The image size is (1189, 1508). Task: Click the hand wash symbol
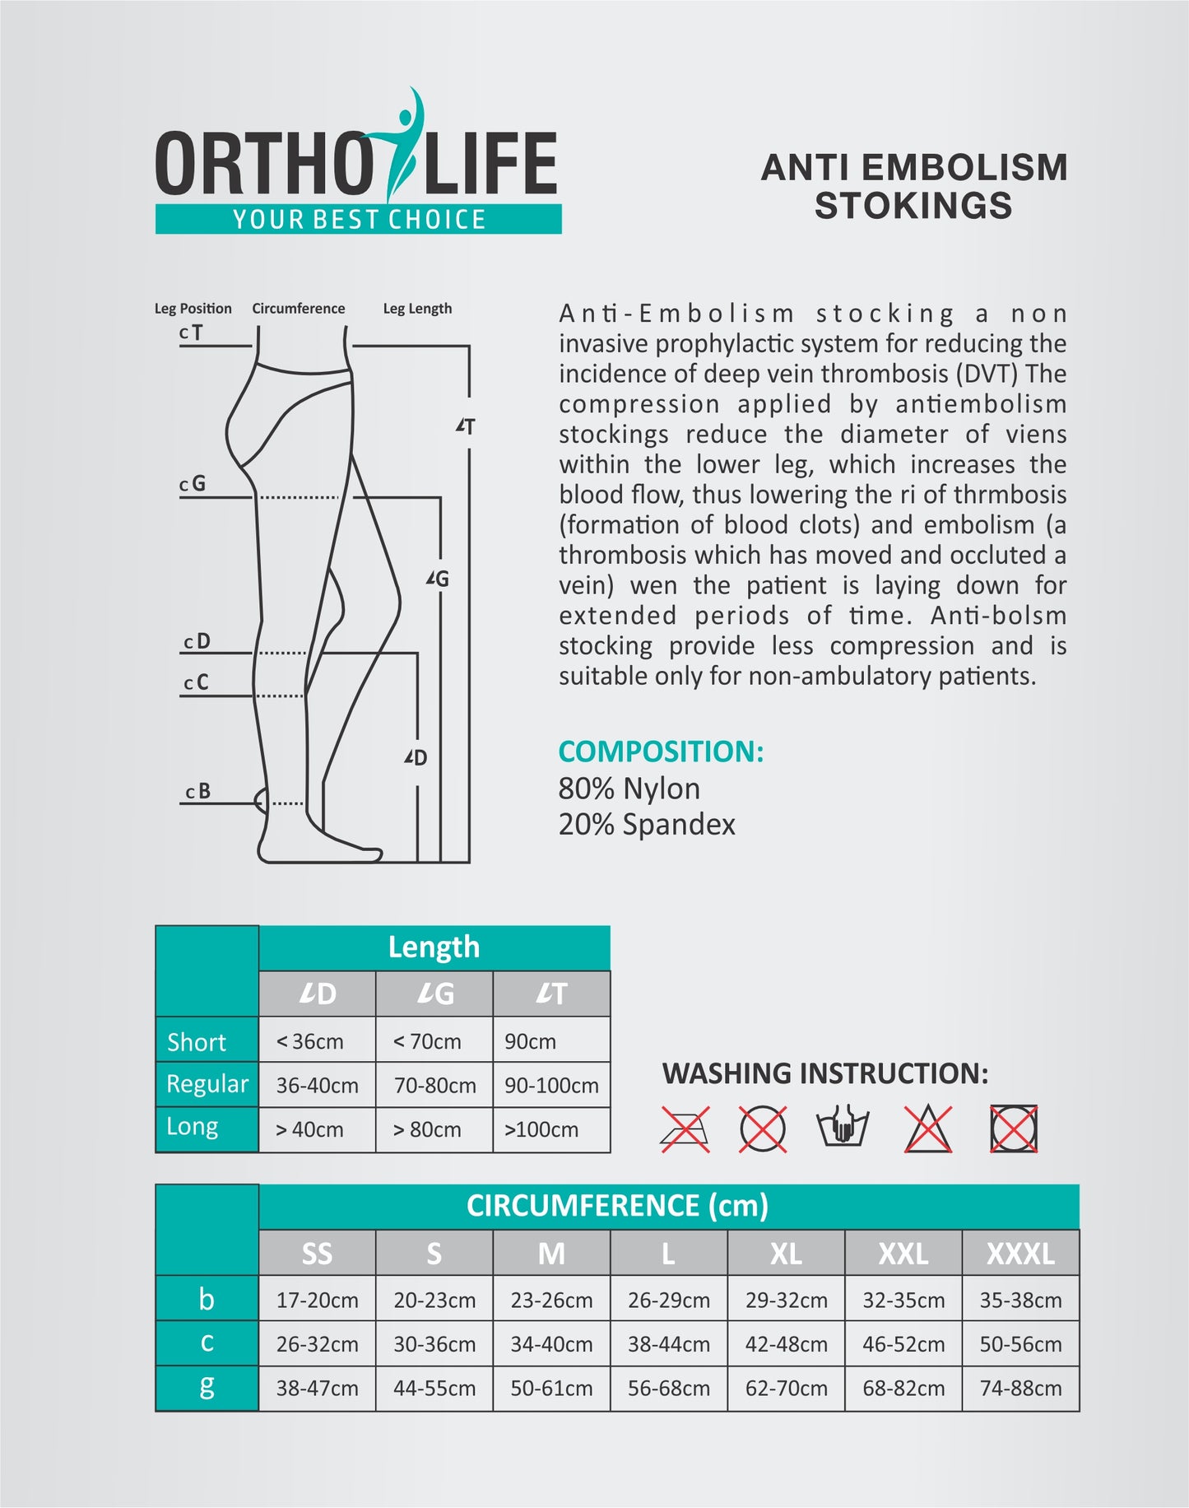[843, 1128]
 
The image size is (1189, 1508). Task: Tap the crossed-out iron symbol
[685, 1129]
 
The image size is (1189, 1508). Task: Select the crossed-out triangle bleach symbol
[928, 1129]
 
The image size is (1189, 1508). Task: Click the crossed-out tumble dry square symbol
[1014, 1129]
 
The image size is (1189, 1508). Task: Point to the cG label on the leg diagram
[193, 484]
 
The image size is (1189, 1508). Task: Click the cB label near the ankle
[198, 792]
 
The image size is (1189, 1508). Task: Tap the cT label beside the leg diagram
[191, 333]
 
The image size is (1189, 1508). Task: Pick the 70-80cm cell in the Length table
[434, 1086]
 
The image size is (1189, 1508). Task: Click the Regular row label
[207, 1084]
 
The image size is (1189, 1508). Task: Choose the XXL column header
[903, 1254]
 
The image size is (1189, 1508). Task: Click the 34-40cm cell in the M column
[551, 1344]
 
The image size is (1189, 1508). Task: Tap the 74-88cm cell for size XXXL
[1020, 1389]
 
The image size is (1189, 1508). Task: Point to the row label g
[207, 1387]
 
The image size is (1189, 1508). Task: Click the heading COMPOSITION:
[661, 752]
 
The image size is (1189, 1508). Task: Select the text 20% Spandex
[647, 824]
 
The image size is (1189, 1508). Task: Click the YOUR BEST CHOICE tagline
[359, 220]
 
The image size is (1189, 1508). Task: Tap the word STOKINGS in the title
[913, 206]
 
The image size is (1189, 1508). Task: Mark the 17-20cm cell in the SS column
[317, 1301]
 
